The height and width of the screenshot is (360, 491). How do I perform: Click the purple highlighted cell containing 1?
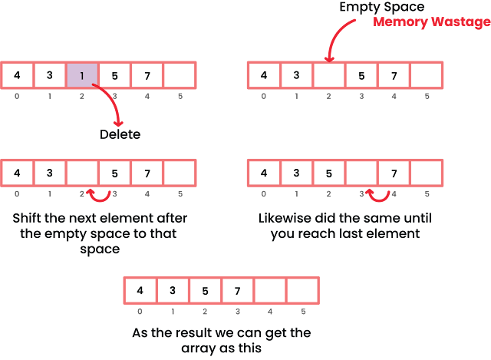pos(82,75)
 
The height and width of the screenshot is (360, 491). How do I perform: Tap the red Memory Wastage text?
pos(432,22)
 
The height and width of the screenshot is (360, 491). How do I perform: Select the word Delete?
pos(120,134)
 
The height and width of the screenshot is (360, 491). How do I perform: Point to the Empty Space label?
pos(382,6)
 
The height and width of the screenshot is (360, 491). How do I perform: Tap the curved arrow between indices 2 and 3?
pos(98,197)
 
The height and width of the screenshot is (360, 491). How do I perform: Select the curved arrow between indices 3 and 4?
pos(377,197)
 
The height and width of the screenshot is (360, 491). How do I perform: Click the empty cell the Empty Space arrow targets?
pos(329,75)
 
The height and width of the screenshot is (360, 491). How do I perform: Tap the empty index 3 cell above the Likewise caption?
pos(361,172)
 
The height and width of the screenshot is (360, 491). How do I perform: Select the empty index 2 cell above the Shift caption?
pos(82,172)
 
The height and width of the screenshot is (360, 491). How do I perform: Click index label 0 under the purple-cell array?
pos(17,97)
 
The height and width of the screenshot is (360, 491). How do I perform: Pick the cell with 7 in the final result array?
pos(237,290)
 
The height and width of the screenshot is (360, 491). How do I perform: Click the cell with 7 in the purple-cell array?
pos(147,75)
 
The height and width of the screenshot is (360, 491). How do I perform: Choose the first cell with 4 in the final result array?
pos(140,290)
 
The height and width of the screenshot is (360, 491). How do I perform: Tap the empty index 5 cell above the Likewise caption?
pos(426,172)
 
